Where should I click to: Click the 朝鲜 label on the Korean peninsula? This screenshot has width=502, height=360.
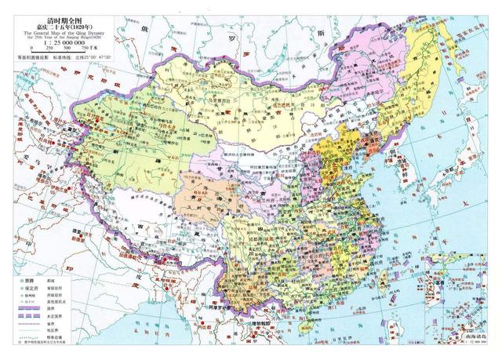[x=408, y=169]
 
